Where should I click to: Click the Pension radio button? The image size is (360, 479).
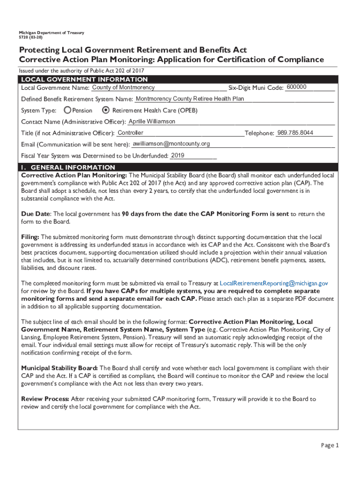point(68,110)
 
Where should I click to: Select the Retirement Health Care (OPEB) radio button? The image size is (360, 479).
point(106,110)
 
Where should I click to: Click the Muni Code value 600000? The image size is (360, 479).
point(296,87)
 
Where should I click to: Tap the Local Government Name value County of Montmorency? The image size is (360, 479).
point(123,87)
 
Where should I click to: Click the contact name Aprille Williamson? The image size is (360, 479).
point(152,122)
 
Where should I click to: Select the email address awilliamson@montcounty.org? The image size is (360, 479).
point(172,144)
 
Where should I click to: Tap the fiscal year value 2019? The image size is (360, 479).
point(178,155)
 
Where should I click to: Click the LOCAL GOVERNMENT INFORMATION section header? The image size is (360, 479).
point(84,80)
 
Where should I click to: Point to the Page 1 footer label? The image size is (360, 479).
point(330,445)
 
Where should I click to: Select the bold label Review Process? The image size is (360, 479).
point(45,399)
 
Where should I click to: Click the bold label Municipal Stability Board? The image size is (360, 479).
point(59,368)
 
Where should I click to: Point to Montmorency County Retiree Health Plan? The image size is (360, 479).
point(190,99)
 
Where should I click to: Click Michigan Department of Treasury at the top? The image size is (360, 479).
point(51,33)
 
